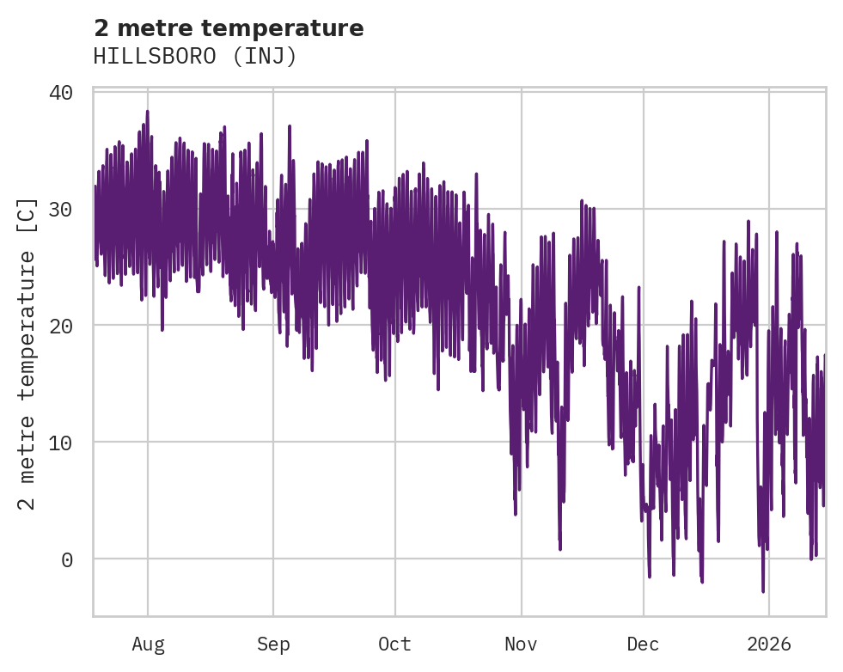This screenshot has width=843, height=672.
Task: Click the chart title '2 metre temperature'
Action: tap(229, 28)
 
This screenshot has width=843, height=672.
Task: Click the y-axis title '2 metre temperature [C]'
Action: tap(27, 353)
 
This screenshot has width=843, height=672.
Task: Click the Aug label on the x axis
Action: tap(148, 645)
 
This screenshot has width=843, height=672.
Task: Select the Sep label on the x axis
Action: tap(273, 645)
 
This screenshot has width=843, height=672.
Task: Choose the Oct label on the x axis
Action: tap(395, 645)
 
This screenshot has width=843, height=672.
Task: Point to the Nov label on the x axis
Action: tap(521, 645)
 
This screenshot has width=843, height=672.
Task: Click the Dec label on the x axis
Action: tap(643, 645)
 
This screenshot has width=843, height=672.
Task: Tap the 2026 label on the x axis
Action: tap(768, 645)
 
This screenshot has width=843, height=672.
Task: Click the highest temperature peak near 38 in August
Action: tap(147, 112)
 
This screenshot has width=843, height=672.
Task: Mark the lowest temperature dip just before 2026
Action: tap(762, 590)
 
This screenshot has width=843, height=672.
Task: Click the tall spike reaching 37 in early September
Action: tap(290, 126)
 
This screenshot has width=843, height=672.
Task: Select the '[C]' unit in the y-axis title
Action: tap(27, 216)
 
